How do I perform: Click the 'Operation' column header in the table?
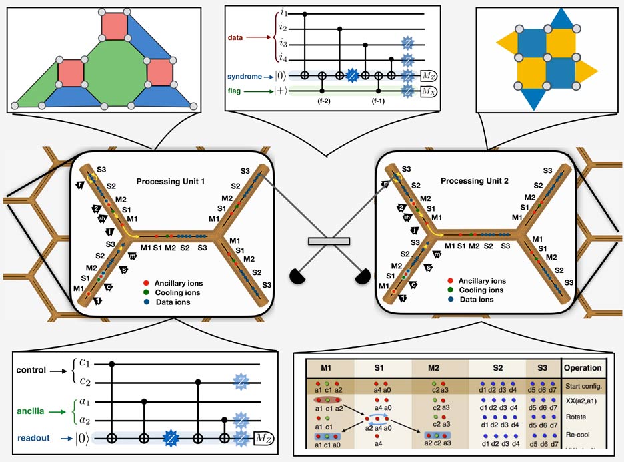pyautogui.click(x=583, y=367)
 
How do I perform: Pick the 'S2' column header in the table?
pyautogui.click(x=497, y=367)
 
